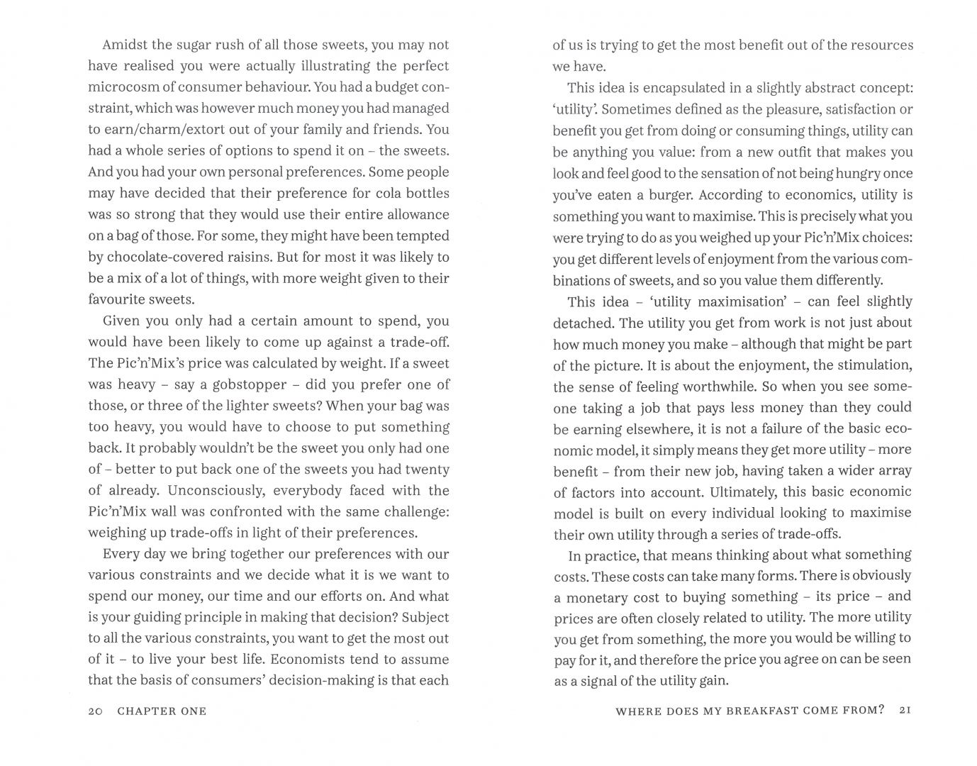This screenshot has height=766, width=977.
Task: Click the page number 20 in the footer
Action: (96, 711)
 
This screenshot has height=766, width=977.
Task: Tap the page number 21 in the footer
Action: (904, 710)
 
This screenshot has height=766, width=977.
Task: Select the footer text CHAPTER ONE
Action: (162, 711)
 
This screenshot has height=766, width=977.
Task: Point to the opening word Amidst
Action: (125, 45)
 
